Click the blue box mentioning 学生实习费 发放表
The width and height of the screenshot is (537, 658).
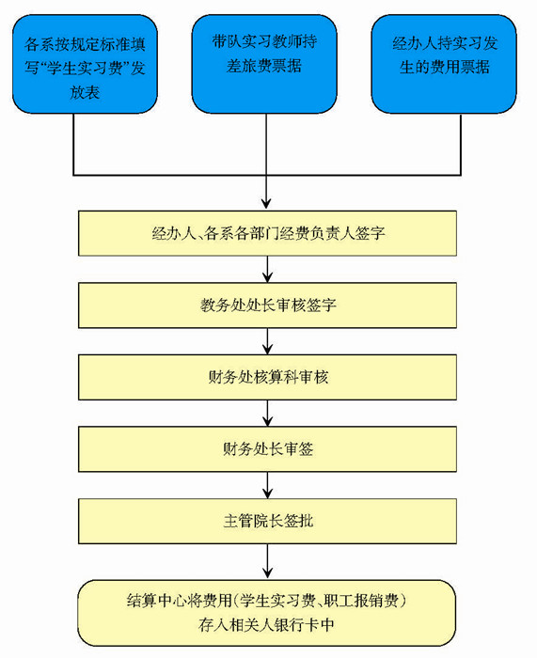point(85,64)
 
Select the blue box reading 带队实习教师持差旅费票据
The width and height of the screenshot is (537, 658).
point(264,64)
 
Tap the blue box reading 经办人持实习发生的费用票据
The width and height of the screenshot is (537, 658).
point(444,64)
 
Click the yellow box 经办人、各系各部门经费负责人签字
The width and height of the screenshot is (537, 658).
point(267,233)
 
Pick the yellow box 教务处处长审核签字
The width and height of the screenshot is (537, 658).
point(267,305)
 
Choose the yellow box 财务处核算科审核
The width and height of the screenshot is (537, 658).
point(267,377)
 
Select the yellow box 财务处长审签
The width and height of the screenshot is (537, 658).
point(267,449)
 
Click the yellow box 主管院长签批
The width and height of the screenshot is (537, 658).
point(267,521)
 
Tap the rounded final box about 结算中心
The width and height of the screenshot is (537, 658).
point(267,613)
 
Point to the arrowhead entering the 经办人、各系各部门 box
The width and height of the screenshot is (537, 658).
point(266,204)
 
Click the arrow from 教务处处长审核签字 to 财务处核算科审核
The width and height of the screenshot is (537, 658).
point(267,341)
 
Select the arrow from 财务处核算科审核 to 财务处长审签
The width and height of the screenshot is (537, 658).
point(267,414)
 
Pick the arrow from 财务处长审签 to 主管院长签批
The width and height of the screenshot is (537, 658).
point(267,485)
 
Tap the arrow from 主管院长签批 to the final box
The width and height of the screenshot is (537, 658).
point(267,561)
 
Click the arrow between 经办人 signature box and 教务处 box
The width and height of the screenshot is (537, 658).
point(267,269)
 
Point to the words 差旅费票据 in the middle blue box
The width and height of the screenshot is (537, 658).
point(263,66)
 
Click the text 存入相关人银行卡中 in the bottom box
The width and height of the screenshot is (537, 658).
point(266,625)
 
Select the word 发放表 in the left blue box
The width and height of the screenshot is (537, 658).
point(85,92)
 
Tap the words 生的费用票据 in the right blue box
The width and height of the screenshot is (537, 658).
point(444,67)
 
